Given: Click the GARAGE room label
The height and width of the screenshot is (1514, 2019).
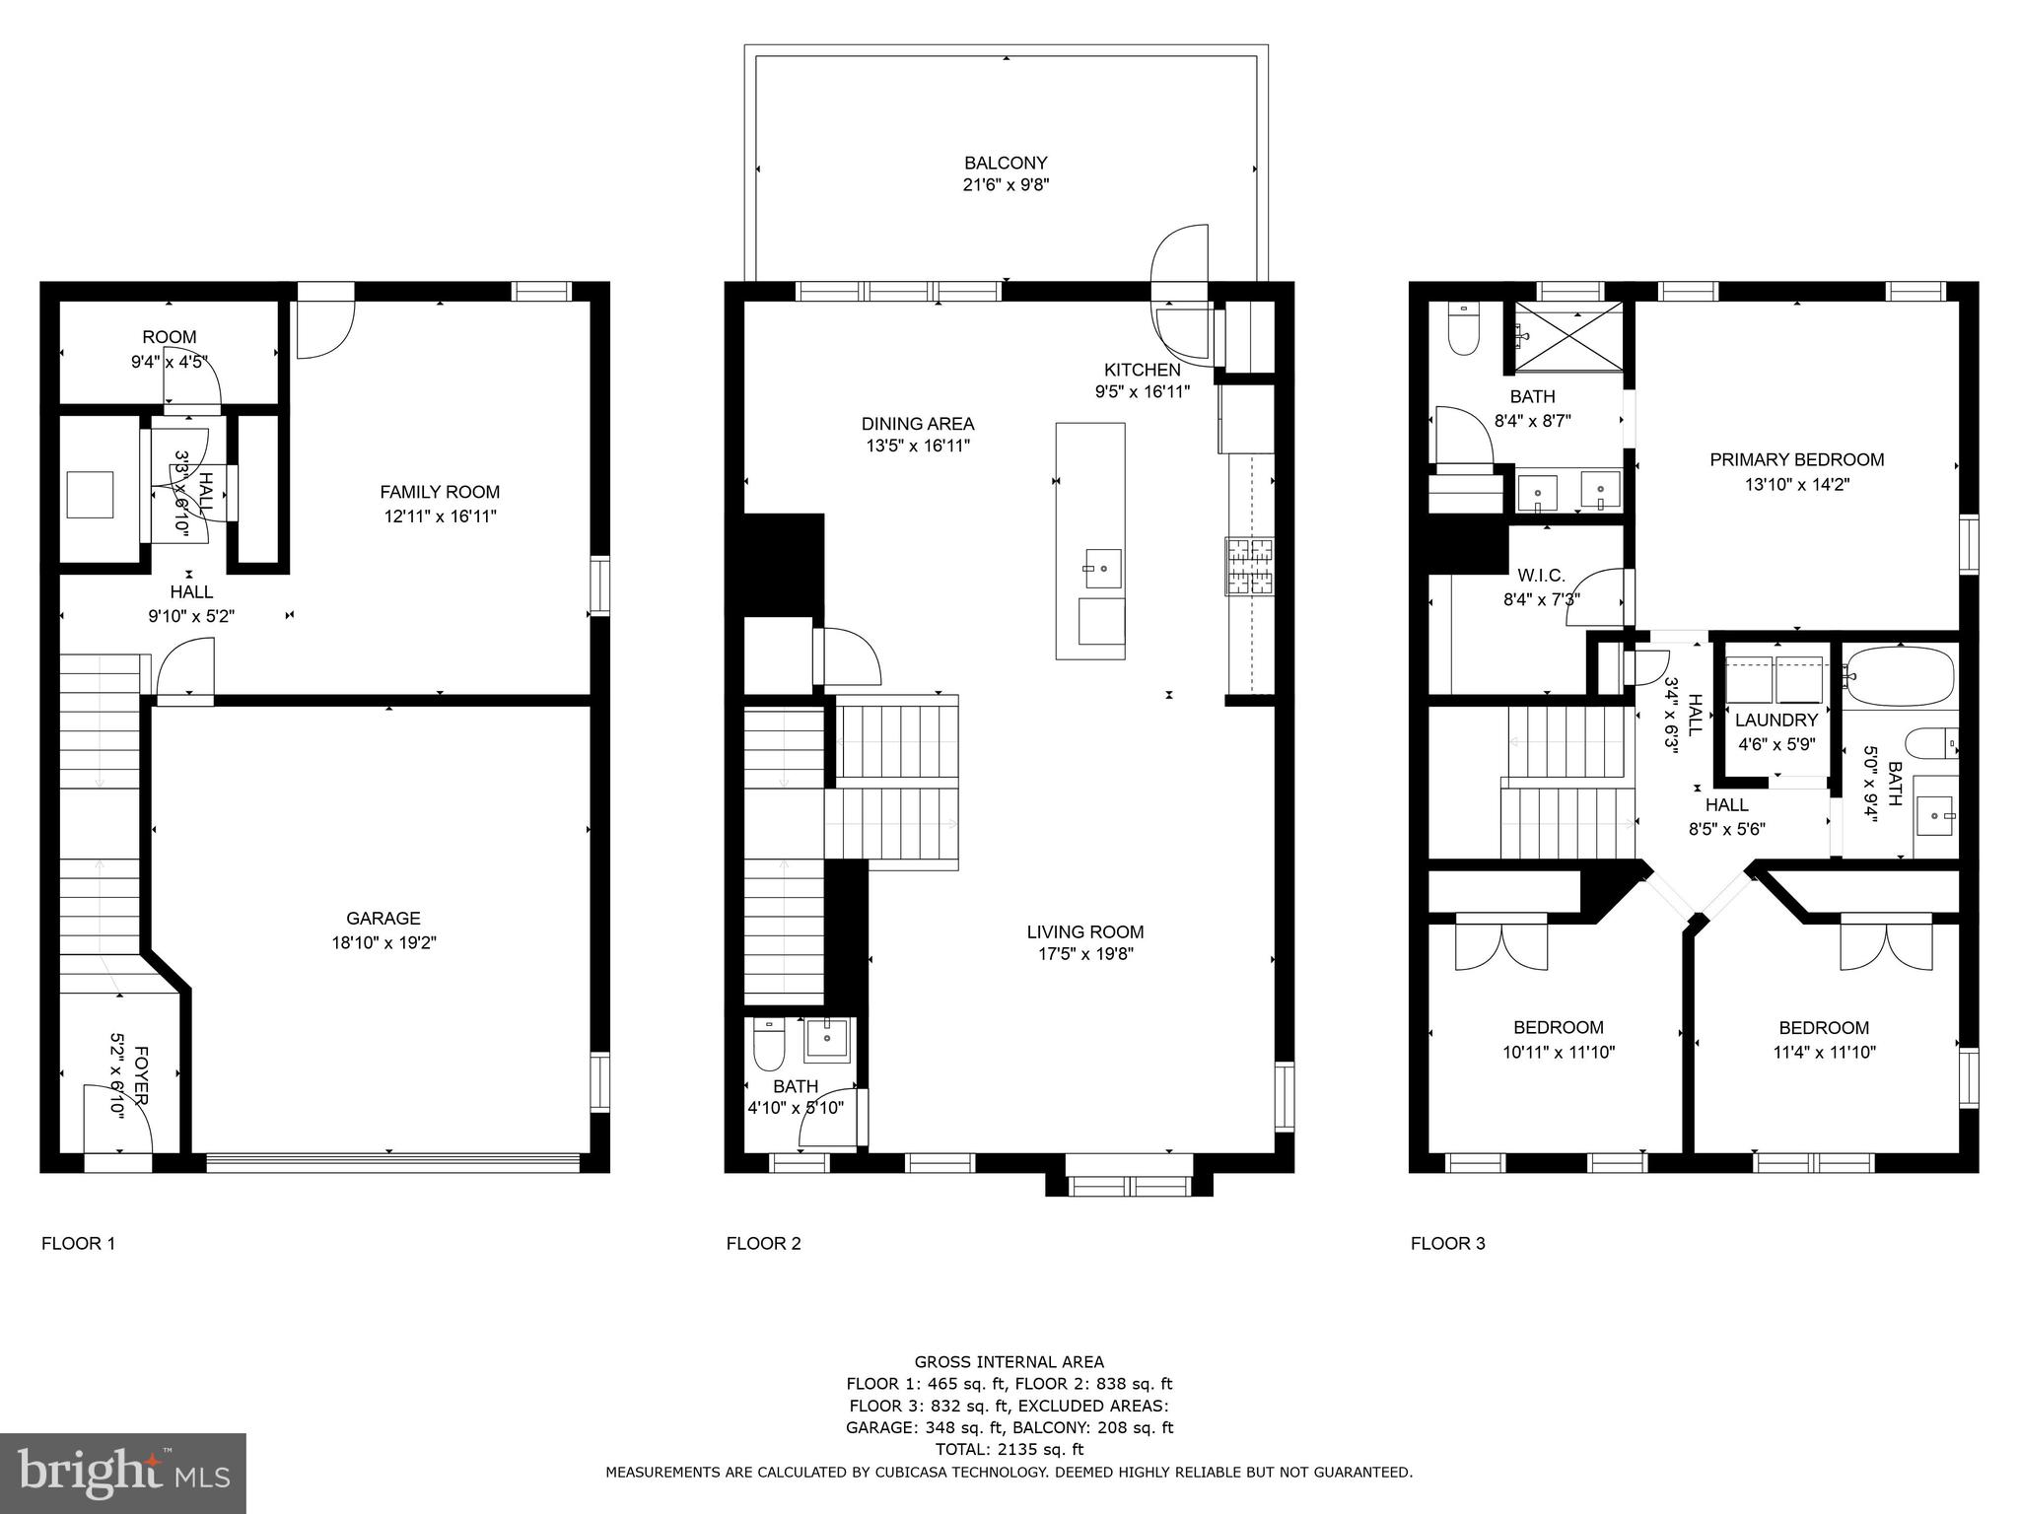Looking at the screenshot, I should click(383, 918).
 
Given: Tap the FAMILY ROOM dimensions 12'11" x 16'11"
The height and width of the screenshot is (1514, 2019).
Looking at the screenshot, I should click(440, 516).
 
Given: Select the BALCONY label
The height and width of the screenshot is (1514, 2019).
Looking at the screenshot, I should click(1006, 163).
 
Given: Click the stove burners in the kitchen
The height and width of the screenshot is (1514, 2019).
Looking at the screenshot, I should click(1249, 566).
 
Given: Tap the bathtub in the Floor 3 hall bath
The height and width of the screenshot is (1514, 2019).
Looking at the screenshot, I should click(1899, 674).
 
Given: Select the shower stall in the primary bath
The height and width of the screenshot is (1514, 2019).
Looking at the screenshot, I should click(1567, 337).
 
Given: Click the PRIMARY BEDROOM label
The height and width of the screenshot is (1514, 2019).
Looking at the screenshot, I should click(1796, 459).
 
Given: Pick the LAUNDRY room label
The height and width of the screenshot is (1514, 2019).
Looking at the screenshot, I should click(1776, 721).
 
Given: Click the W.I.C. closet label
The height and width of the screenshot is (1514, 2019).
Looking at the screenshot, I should click(1542, 575).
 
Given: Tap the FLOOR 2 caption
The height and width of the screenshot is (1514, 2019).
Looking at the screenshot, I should click(763, 1243).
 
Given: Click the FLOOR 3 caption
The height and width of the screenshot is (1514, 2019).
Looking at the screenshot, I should click(1447, 1243).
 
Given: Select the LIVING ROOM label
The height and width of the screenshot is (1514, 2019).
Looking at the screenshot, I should click(1085, 931).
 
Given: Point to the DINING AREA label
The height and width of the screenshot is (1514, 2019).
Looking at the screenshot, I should click(918, 424).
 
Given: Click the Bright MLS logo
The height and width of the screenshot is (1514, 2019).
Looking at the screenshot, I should click(123, 1473).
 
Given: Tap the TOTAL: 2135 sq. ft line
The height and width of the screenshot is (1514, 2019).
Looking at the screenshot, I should click(1009, 1449).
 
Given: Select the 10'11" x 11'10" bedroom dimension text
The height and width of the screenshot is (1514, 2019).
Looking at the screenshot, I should click(1559, 1052).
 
